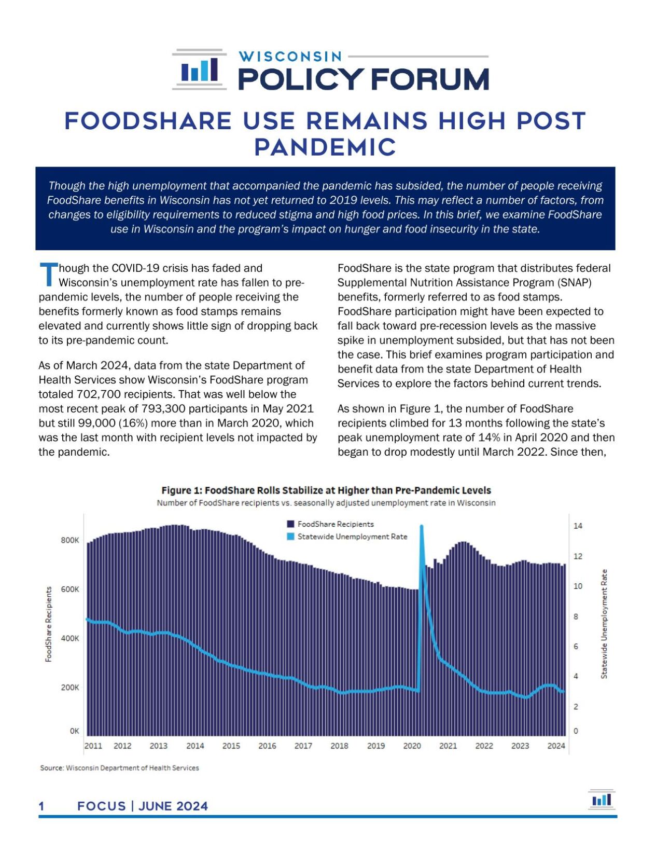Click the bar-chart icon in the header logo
point(199,70)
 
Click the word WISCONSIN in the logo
point(290,56)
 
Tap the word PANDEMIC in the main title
point(325,147)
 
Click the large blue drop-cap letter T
point(48,275)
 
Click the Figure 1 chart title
point(326,490)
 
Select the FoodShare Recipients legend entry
point(335,524)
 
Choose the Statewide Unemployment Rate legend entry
point(352,537)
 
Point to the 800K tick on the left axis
point(70,540)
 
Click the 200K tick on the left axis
point(70,688)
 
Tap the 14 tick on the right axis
point(578,526)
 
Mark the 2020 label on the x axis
point(412,746)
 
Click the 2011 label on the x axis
point(93,746)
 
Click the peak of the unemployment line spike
point(421,527)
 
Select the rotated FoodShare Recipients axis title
point(49,624)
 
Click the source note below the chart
point(119,768)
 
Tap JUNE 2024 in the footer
point(173,806)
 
